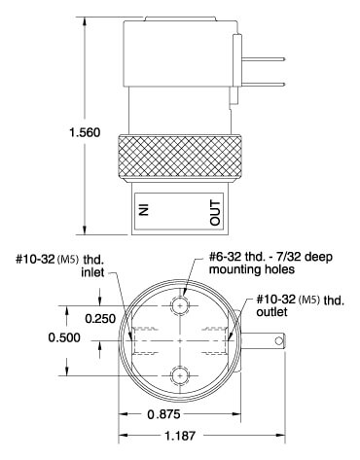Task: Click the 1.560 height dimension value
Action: tap(85, 132)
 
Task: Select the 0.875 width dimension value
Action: tap(163, 414)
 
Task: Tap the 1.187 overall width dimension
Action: tap(180, 436)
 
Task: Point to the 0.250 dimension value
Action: tap(100, 319)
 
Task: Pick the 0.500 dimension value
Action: tap(64, 337)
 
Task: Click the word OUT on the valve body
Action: tap(215, 213)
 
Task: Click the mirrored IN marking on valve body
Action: tap(143, 209)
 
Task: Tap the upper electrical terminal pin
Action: tap(264, 59)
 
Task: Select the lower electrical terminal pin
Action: tap(264, 85)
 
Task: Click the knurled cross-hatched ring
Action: tap(180, 157)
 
